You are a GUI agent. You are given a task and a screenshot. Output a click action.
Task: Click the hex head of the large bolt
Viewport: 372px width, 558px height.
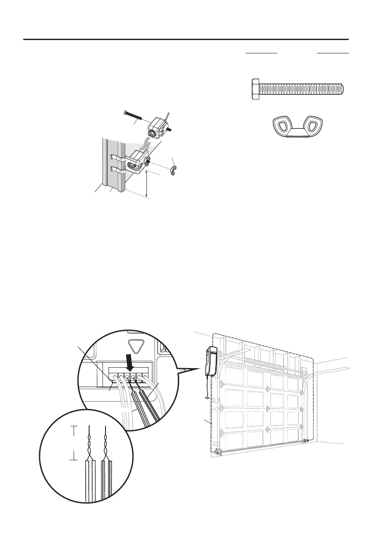pos(255,89)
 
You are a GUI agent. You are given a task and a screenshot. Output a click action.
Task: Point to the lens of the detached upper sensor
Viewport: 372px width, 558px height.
pos(153,133)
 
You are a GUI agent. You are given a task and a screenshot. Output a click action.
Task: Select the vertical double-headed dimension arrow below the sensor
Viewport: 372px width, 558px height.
pos(147,184)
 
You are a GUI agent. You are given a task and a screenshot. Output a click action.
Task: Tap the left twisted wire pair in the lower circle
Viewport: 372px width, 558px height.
pos(89,444)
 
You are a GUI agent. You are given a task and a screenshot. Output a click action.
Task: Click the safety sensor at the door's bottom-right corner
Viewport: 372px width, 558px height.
pos(306,440)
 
